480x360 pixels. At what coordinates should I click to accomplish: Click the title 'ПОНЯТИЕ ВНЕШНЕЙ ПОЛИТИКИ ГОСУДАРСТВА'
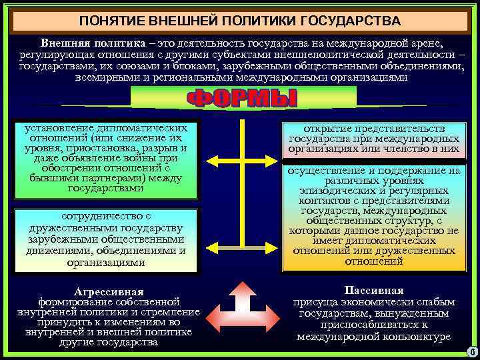tap(239, 20)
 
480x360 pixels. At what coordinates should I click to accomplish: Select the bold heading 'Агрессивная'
tap(109, 292)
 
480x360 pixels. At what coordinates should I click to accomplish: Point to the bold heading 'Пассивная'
tap(374, 291)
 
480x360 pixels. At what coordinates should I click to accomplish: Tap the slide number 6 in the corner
tap(471, 351)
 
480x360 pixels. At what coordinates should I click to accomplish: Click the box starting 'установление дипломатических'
tap(106, 159)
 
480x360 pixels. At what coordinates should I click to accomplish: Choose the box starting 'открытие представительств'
tap(374, 139)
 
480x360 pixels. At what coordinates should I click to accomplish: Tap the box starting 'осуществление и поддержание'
tap(374, 216)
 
